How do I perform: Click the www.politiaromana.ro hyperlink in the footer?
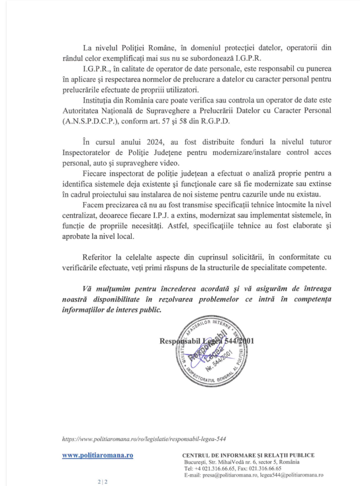tap(98, 455)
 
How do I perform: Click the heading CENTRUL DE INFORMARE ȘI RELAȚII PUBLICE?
tap(249, 455)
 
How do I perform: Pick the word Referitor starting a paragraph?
tap(97, 257)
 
